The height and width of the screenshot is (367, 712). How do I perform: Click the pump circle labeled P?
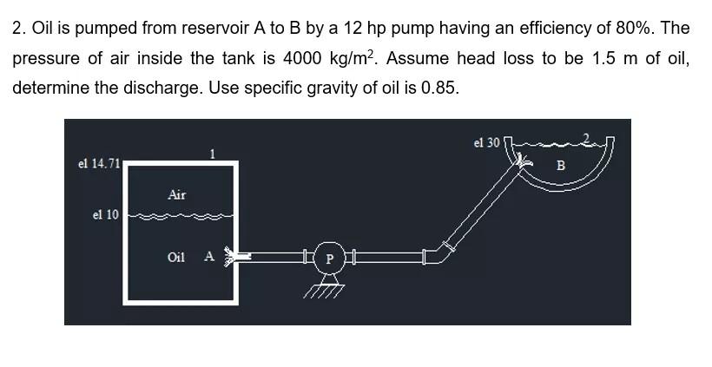(329, 258)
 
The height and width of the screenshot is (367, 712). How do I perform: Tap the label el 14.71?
(98, 164)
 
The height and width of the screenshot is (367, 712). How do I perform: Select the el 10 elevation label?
(105, 214)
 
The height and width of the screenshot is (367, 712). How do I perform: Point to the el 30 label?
(486, 142)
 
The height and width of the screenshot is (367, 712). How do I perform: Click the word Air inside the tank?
(176, 195)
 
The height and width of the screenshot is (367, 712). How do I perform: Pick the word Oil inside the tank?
(176, 257)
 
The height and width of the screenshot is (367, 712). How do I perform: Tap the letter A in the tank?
(208, 256)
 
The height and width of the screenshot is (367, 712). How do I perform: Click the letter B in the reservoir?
(560, 165)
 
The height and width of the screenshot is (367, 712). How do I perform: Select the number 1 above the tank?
(212, 154)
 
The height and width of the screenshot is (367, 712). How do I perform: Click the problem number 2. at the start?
(19, 28)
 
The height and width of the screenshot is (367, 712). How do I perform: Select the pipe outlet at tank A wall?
(233, 256)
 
